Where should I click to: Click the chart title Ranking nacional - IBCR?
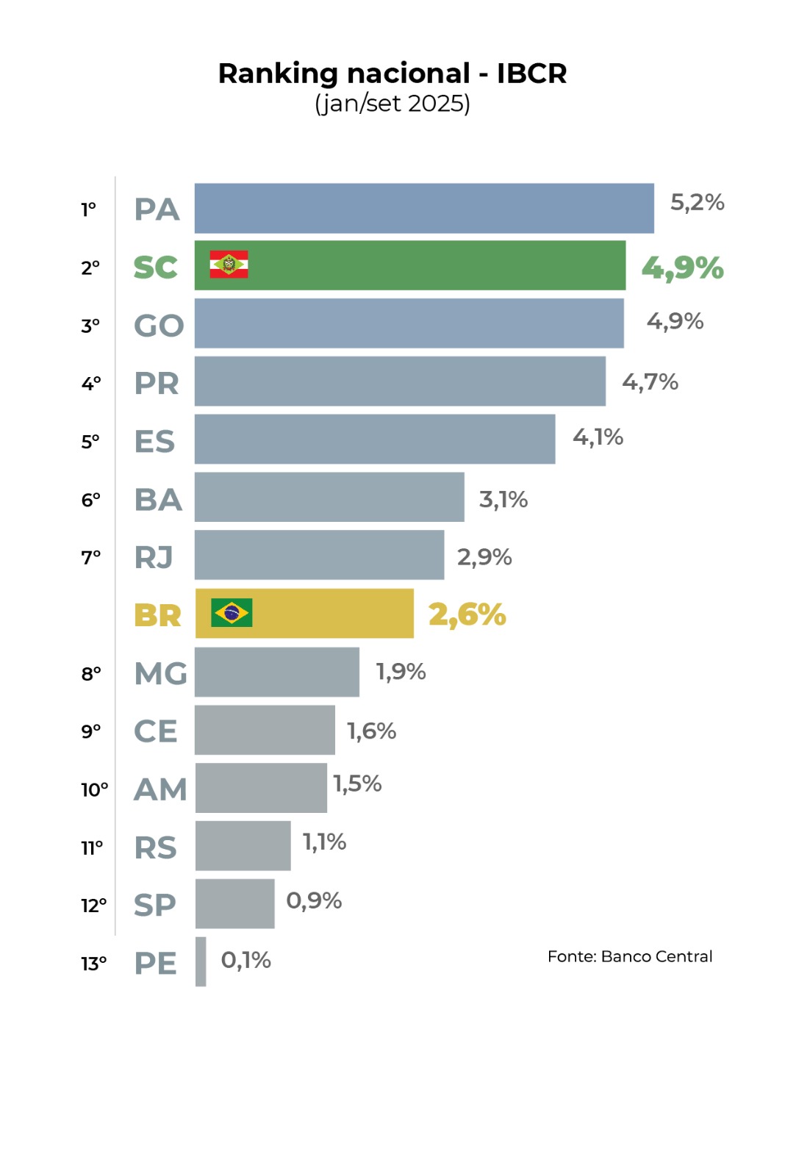click(392, 73)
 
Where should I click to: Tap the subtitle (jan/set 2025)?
click(392, 104)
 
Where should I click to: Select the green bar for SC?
click(441, 265)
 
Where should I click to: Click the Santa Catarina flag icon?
click(229, 265)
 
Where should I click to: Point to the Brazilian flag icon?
click(232, 612)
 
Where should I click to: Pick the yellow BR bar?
click(331, 613)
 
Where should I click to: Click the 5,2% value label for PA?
click(697, 202)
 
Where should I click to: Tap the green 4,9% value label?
click(682, 268)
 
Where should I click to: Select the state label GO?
click(159, 326)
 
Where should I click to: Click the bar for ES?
click(375, 439)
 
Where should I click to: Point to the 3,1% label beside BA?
click(503, 500)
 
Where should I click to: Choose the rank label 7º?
click(91, 558)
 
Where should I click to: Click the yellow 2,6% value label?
click(467, 614)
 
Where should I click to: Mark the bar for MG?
click(277, 672)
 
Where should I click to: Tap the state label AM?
click(160, 789)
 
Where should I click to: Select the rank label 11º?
click(93, 848)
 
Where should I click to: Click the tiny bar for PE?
click(201, 961)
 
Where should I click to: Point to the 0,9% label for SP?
click(314, 900)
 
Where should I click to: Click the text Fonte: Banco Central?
click(630, 956)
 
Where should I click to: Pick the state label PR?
click(157, 384)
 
